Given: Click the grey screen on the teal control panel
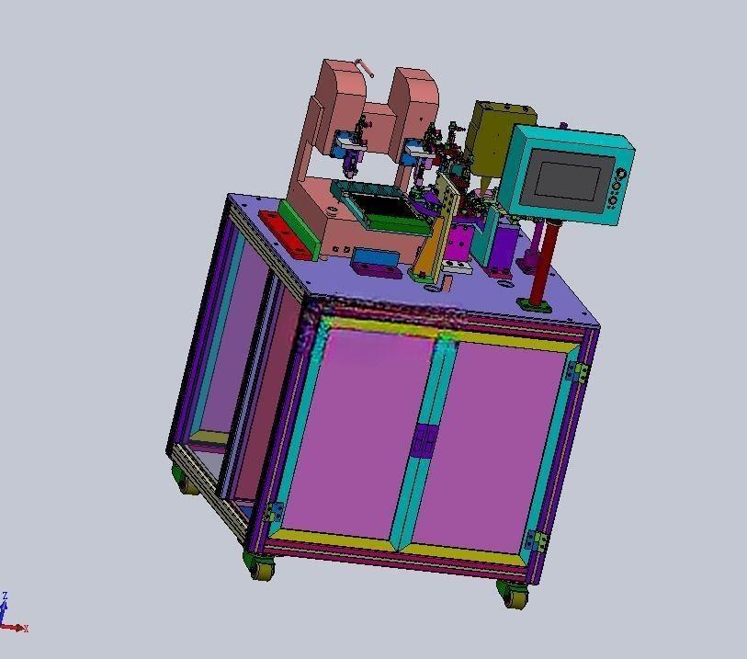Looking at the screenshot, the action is (566, 180).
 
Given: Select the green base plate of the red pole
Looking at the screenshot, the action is (535, 305).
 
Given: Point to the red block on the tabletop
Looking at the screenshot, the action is (285, 235).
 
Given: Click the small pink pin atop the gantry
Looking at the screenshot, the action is (366, 67).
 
